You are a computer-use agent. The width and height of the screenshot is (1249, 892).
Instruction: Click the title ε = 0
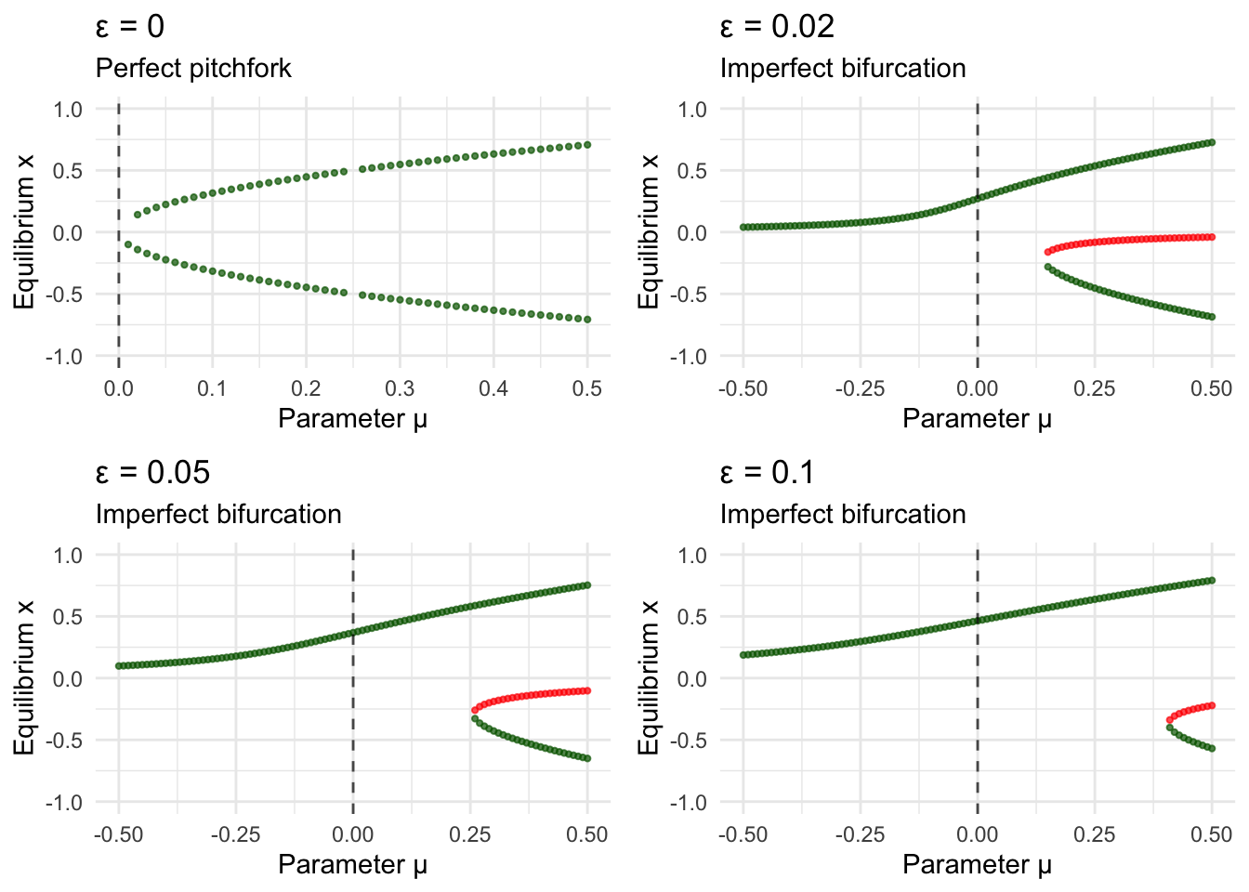130,26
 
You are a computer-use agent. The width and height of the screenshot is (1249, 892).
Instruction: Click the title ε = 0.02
777,26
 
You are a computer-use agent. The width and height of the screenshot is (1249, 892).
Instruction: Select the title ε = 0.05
152,472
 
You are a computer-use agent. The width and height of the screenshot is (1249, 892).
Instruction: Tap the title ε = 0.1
768,472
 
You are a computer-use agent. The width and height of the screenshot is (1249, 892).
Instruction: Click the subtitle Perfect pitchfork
193,68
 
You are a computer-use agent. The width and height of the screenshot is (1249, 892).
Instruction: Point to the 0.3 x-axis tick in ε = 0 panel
400,388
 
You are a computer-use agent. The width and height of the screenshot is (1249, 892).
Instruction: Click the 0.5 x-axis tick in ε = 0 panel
587,388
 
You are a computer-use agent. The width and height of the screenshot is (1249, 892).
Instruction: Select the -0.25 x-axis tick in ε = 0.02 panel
860,388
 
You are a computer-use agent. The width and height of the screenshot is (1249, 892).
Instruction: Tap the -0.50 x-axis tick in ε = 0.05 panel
118,834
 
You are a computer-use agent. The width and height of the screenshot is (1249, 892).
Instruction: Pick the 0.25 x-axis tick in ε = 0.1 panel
1095,834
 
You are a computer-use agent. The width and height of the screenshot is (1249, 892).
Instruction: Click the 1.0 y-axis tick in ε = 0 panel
68,110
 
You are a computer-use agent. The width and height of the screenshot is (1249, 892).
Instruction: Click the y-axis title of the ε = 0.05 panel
24,678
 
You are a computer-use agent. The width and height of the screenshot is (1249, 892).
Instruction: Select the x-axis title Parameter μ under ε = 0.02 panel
977,419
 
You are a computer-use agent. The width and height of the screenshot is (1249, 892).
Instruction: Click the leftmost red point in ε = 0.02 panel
1048,252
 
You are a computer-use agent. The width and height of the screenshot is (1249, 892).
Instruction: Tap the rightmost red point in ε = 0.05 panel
587,690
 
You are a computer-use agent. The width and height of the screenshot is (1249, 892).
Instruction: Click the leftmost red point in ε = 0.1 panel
1170,720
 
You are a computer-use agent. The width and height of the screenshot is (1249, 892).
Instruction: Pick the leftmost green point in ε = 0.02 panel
743,228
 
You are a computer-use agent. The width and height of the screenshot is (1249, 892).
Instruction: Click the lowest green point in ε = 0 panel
587,320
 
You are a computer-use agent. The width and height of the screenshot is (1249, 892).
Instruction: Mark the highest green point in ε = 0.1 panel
1212,581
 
